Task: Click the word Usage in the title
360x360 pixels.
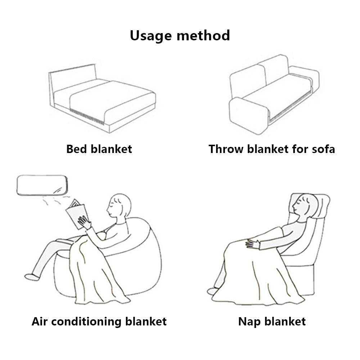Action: coord(150,36)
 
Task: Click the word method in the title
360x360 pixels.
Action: coord(203,35)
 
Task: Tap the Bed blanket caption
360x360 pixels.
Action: coord(99,149)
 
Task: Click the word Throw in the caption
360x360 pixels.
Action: coord(226,149)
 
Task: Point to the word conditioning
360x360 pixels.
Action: coord(86,321)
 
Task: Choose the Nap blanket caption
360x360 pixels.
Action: coord(272,321)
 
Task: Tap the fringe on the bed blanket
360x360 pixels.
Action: coord(87,117)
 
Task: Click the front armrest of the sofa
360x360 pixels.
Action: coord(249,116)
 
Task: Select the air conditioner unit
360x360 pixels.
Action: coord(42,185)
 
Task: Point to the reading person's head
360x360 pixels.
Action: coord(119,206)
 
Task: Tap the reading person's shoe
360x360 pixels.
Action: coord(32,277)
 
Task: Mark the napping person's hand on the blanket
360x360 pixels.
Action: coord(253,244)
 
